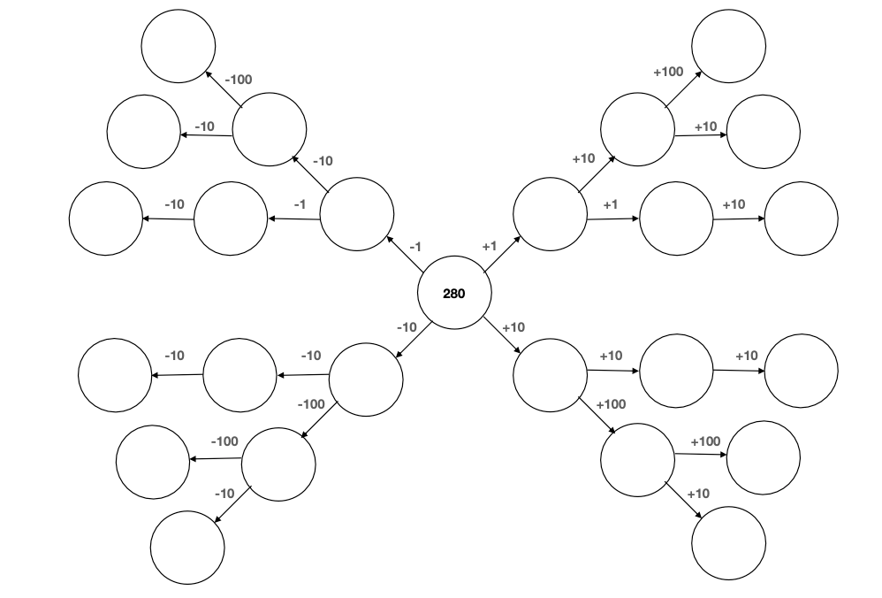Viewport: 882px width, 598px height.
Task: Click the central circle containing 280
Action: (453, 293)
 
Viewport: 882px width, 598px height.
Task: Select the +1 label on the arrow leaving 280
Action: (490, 247)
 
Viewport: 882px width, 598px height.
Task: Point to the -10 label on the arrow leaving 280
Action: (407, 327)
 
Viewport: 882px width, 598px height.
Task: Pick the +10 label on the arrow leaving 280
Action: (513, 327)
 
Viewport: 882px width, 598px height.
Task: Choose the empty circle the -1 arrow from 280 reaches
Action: (356, 215)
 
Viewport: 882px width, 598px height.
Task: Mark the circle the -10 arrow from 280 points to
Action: (366, 379)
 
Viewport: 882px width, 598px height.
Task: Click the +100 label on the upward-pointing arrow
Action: (668, 72)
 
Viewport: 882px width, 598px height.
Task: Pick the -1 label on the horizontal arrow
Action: (299, 204)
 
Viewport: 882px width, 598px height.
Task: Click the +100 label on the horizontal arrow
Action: (705, 441)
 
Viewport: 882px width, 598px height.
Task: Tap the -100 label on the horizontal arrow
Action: (224, 441)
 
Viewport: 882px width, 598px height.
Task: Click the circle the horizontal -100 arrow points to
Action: (152, 461)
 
